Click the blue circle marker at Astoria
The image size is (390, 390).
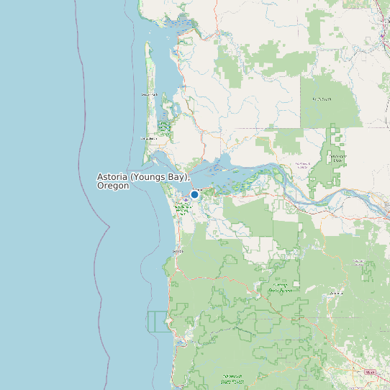(194, 194)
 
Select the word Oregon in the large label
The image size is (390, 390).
(113, 186)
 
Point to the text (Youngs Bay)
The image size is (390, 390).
(163, 176)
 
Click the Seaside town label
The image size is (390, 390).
(178, 251)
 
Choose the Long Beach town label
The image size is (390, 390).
(148, 138)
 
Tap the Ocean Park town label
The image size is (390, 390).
(149, 94)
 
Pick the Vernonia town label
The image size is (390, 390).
(335, 294)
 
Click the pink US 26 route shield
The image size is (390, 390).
(371, 372)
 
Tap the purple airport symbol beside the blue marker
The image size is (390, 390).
(185, 196)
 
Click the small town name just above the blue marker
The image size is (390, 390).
(198, 189)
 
